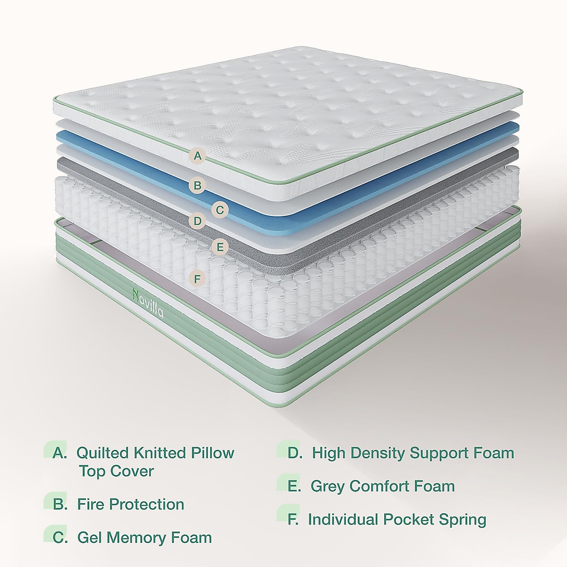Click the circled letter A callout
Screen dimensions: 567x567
point(198,155)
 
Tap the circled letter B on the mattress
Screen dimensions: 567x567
point(198,186)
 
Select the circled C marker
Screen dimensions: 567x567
point(220,209)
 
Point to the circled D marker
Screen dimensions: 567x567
point(198,221)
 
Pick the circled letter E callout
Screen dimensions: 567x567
point(220,247)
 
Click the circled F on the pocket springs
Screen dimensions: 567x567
point(198,279)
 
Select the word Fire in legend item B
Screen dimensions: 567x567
point(91,504)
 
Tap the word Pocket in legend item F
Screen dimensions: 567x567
point(411,519)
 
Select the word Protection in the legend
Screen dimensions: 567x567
point(146,504)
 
